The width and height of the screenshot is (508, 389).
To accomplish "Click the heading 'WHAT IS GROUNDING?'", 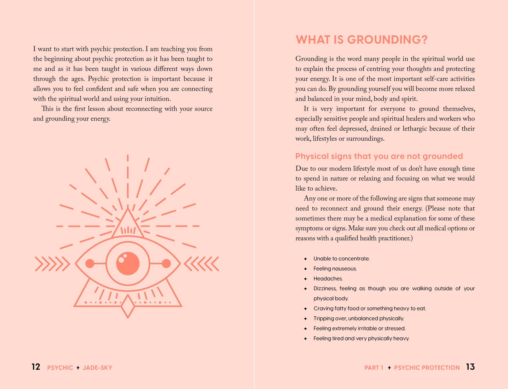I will point(361,40).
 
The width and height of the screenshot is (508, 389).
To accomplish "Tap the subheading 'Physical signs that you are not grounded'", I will point(379,156).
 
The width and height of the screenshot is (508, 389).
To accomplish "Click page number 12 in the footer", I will point(36,367).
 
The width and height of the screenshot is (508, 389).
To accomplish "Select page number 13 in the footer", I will point(470,367).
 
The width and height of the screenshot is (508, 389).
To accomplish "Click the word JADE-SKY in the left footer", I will point(97,368).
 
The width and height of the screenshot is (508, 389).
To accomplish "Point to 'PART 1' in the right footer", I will point(374,368).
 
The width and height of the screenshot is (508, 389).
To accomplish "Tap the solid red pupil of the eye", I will point(128,264).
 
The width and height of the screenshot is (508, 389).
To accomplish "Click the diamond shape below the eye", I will point(128,306).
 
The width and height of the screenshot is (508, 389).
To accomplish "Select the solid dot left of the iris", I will point(90,264).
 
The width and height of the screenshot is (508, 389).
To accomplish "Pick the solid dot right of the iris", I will point(166,264).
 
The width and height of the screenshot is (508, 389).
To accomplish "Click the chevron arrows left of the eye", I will point(52,264).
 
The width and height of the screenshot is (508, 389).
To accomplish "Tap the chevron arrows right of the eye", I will point(202,264).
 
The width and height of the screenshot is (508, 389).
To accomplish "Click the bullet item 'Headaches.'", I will point(328,279).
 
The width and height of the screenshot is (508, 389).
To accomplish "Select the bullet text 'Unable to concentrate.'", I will point(341,259).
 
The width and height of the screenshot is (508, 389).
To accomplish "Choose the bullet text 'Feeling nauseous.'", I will point(335,268).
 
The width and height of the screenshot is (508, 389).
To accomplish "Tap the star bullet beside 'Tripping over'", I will point(305,319).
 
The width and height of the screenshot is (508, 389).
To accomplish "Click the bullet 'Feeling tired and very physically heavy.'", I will point(361,339).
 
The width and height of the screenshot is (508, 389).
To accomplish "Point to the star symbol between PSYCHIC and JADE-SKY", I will point(78,368).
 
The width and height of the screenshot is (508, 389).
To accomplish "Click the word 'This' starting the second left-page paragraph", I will point(47,109).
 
